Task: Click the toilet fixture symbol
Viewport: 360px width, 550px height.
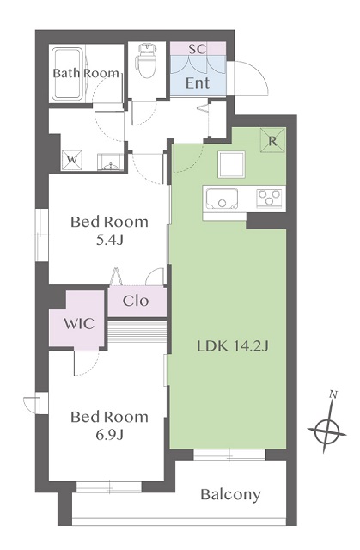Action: coord(146,60)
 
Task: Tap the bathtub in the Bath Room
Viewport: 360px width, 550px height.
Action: coord(67,74)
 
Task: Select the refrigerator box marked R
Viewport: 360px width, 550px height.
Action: coord(272,140)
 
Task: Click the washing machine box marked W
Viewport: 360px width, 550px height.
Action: coord(72,161)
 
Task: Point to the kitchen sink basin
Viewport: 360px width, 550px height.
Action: coord(222,199)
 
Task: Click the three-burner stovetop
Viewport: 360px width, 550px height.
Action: coord(269,198)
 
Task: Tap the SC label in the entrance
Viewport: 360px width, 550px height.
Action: coord(198,49)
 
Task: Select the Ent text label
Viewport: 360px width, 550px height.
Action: coord(198,83)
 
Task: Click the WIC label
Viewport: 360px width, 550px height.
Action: coord(79,323)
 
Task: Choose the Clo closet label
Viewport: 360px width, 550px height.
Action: coord(136,301)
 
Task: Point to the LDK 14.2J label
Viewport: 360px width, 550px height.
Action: coord(233,346)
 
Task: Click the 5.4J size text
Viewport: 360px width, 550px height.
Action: coord(110,240)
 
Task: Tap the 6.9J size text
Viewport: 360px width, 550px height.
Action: coord(110,435)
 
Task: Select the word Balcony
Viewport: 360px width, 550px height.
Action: coord(230,495)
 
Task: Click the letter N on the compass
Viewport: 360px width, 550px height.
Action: coord(333,394)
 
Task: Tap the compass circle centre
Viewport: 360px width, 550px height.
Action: coord(326,431)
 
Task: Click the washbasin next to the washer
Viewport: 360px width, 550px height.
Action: coord(110,162)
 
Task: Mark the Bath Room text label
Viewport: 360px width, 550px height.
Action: coord(86,73)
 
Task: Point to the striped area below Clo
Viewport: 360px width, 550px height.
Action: coord(137,331)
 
